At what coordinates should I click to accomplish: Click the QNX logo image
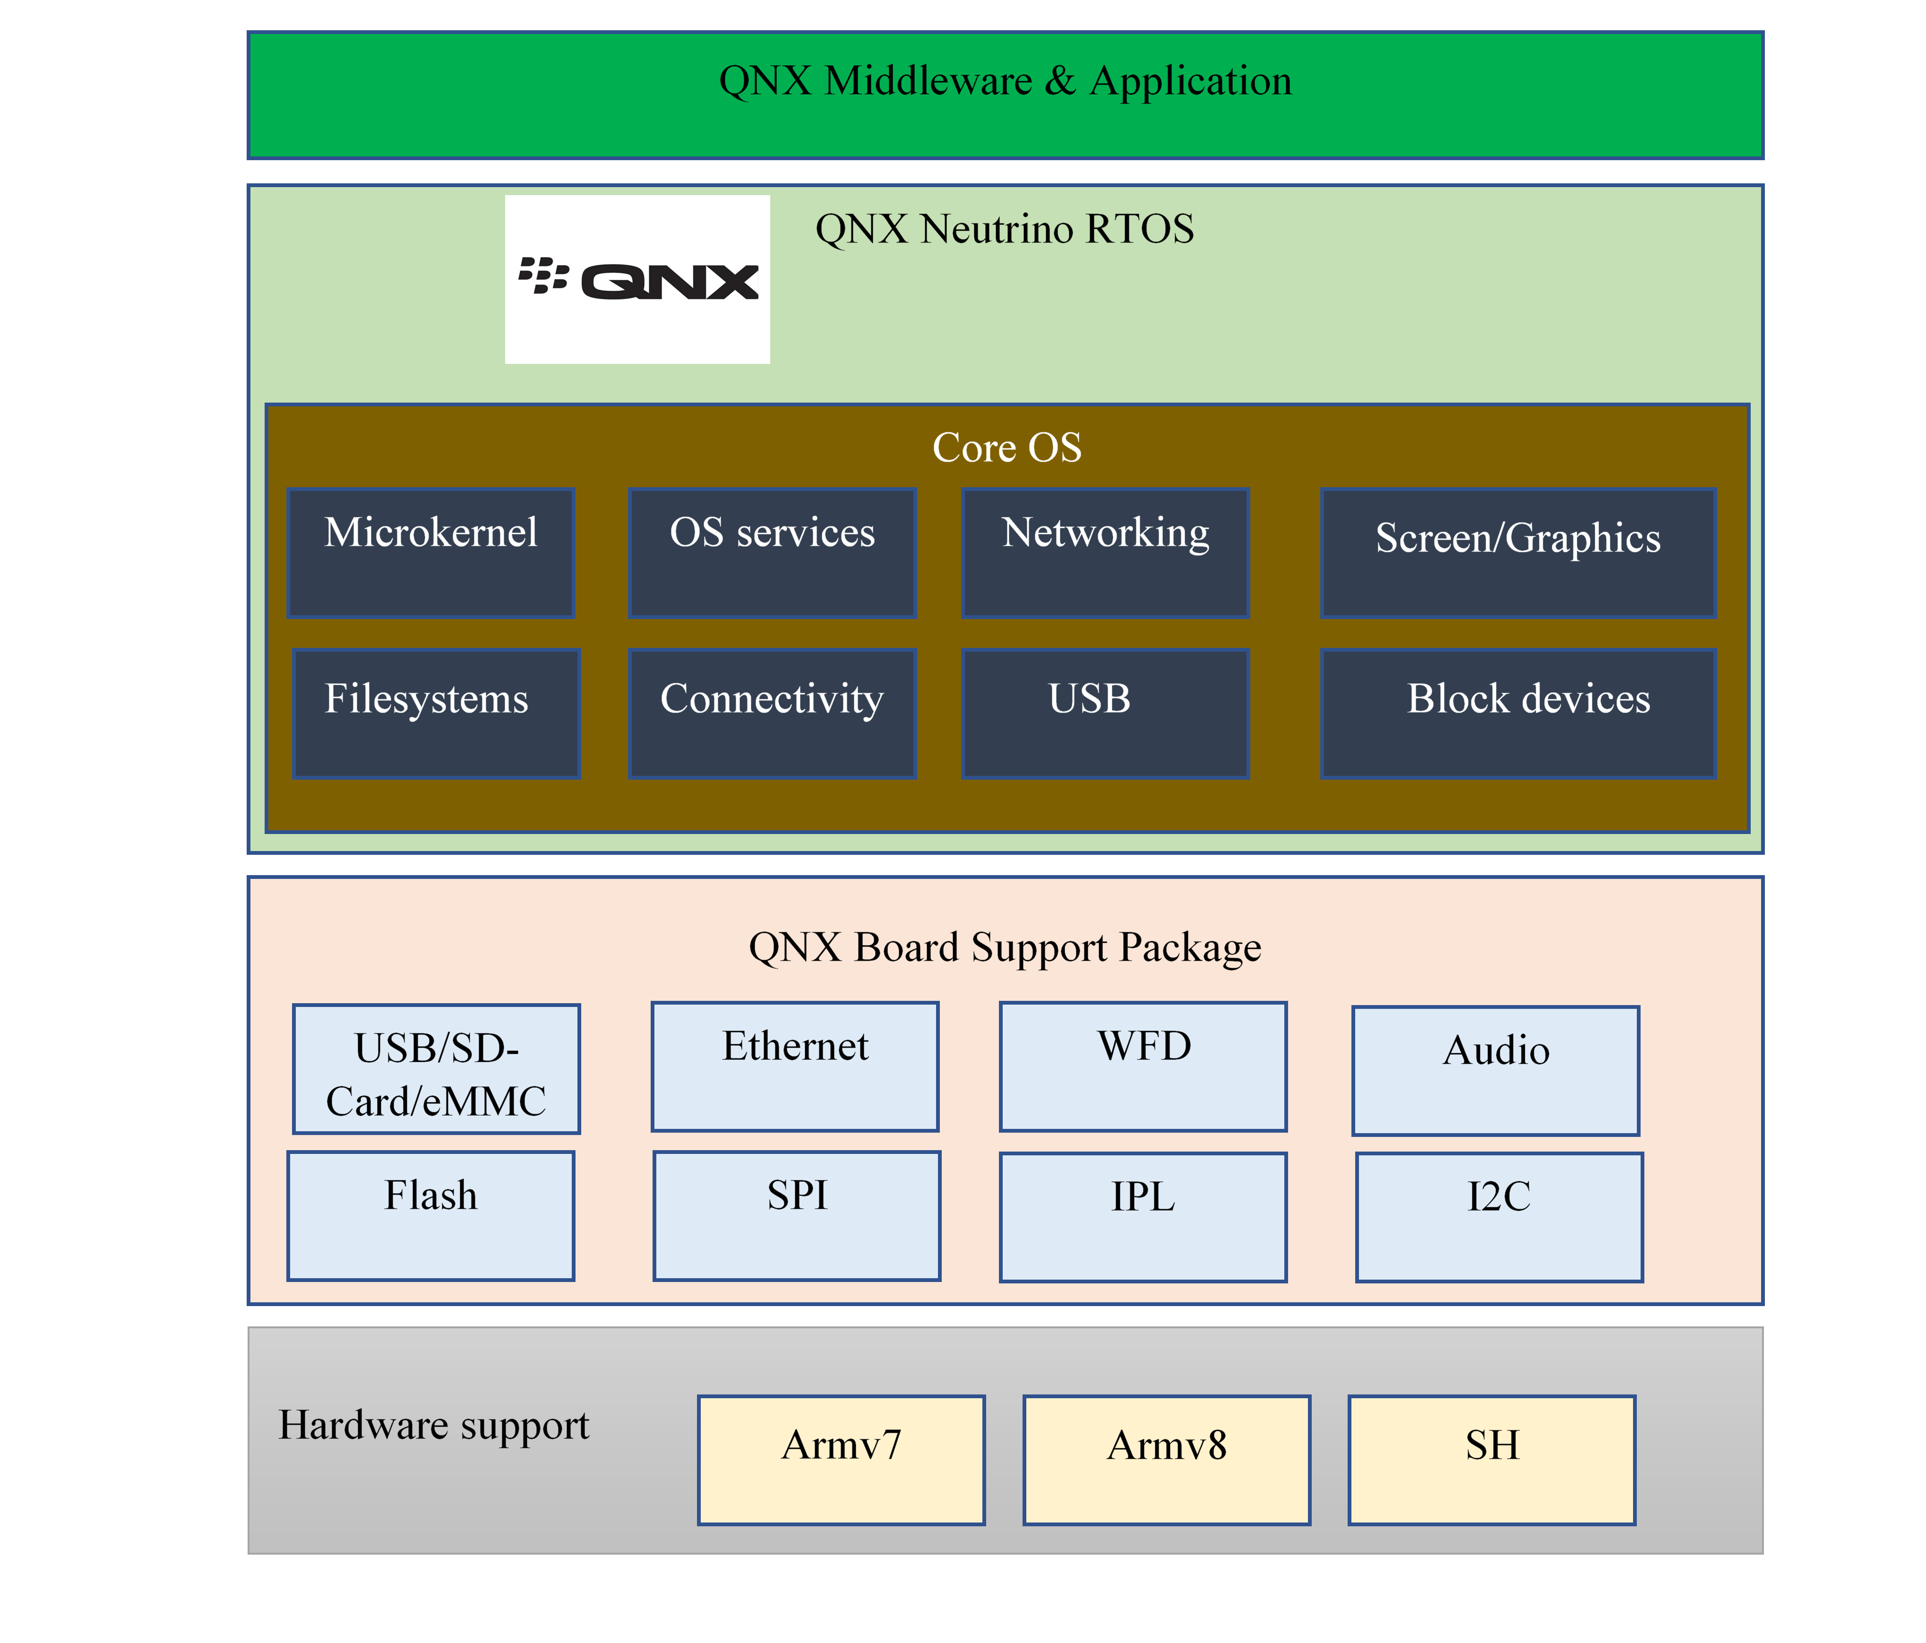point(637,279)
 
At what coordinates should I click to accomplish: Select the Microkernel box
point(430,553)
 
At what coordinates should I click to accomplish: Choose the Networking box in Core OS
point(1105,553)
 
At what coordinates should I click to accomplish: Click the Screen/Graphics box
point(1518,553)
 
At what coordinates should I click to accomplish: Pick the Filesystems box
point(436,714)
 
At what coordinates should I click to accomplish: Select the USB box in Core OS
point(1105,714)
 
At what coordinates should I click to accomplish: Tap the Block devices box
point(1518,714)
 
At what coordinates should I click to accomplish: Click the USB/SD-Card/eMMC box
point(436,1069)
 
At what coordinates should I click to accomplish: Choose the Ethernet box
point(795,1067)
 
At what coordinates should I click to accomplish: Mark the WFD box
point(1144,1067)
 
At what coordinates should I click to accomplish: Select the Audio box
point(1496,1071)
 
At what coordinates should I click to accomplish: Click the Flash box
point(430,1215)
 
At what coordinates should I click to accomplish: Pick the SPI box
point(797,1215)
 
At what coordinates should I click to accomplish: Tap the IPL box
point(1144,1217)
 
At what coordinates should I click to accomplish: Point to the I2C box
point(1499,1217)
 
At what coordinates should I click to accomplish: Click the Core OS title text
point(1006,448)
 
